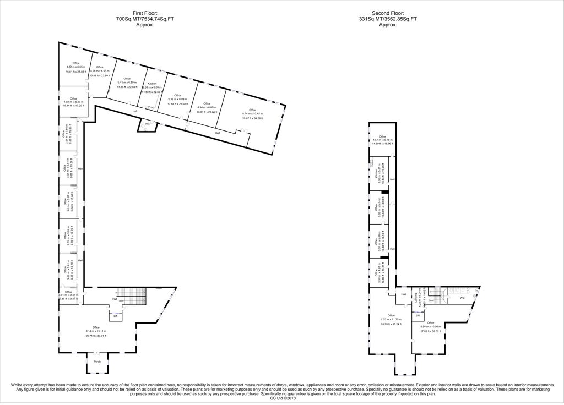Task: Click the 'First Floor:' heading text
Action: coord(144,13)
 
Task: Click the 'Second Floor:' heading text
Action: coord(388,13)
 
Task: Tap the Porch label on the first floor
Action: coord(97,362)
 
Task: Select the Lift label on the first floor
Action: coord(115,316)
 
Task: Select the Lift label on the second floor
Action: coord(418,315)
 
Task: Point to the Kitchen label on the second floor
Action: coord(376,173)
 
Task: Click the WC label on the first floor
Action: coord(147,124)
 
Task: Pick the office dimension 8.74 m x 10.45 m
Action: coord(253,114)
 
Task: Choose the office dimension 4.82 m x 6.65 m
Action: coord(76,67)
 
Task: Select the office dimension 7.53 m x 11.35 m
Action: coord(391,319)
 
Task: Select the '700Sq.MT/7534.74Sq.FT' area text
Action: coord(144,19)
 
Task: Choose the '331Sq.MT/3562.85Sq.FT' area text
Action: coord(388,19)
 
